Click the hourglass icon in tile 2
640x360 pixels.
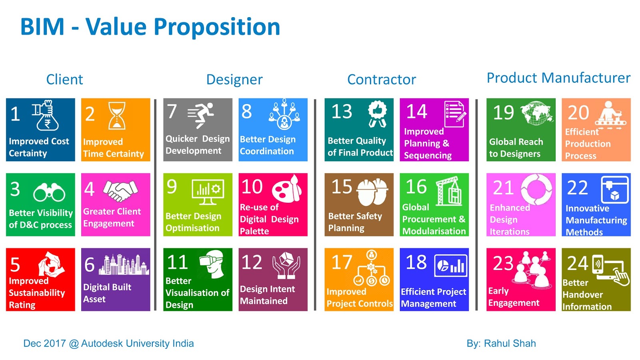tap(117, 116)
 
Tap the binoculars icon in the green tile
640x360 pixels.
tap(49, 192)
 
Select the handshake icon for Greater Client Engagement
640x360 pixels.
tap(120, 190)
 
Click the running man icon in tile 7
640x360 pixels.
tap(200, 115)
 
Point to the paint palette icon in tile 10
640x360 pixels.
tap(286, 189)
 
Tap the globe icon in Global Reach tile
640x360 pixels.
tap(536, 113)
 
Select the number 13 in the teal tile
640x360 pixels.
tap(342, 112)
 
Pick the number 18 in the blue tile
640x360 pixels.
tap(416, 262)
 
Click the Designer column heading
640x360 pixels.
tap(234, 80)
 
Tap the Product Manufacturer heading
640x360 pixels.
tap(558, 78)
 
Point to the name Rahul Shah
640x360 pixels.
tap(510, 343)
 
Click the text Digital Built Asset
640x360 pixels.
tap(107, 293)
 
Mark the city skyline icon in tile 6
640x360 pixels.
tap(124, 264)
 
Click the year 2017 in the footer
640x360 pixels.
tap(55, 343)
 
